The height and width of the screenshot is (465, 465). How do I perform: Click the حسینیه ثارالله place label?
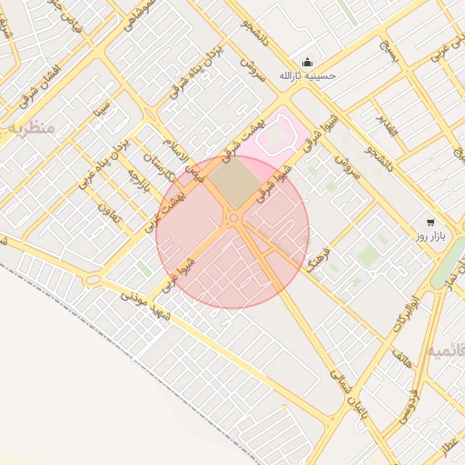(x=307, y=76)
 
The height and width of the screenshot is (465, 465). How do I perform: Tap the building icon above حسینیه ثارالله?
(x=307, y=62)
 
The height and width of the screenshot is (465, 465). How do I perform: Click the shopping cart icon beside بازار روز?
(x=430, y=222)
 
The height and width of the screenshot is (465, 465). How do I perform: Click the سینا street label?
(x=104, y=120)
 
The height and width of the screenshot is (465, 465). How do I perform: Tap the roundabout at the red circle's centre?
(x=233, y=218)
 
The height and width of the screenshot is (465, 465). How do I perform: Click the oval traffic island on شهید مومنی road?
(x=92, y=280)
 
